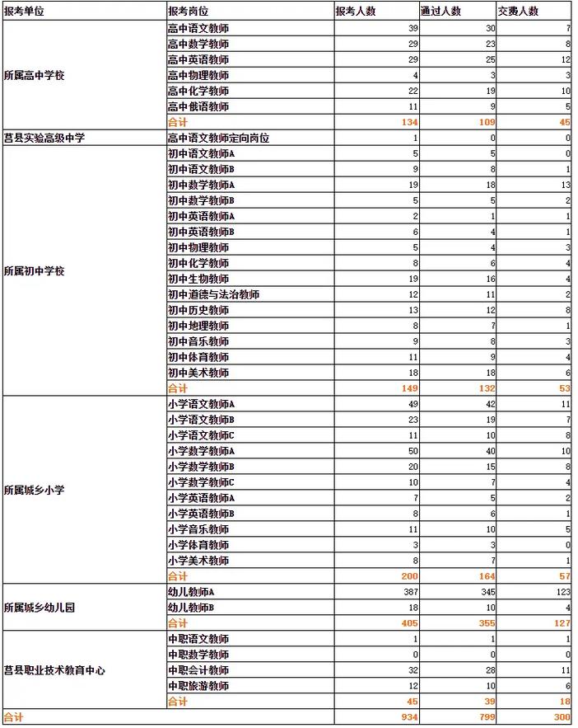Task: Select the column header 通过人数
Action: pos(440,12)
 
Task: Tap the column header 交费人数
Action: pos(518,12)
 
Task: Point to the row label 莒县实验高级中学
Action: pos(44,138)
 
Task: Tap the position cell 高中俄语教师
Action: pos(198,106)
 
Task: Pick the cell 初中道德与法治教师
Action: pos(213,294)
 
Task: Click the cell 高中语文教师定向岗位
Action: pos(218,138)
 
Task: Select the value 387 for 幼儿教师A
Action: pos(408,592)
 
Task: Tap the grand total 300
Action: pos(562,717)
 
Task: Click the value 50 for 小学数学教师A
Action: pos(413,451)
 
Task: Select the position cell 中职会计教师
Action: pos(198,670)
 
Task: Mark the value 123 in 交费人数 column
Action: pos(562,592)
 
